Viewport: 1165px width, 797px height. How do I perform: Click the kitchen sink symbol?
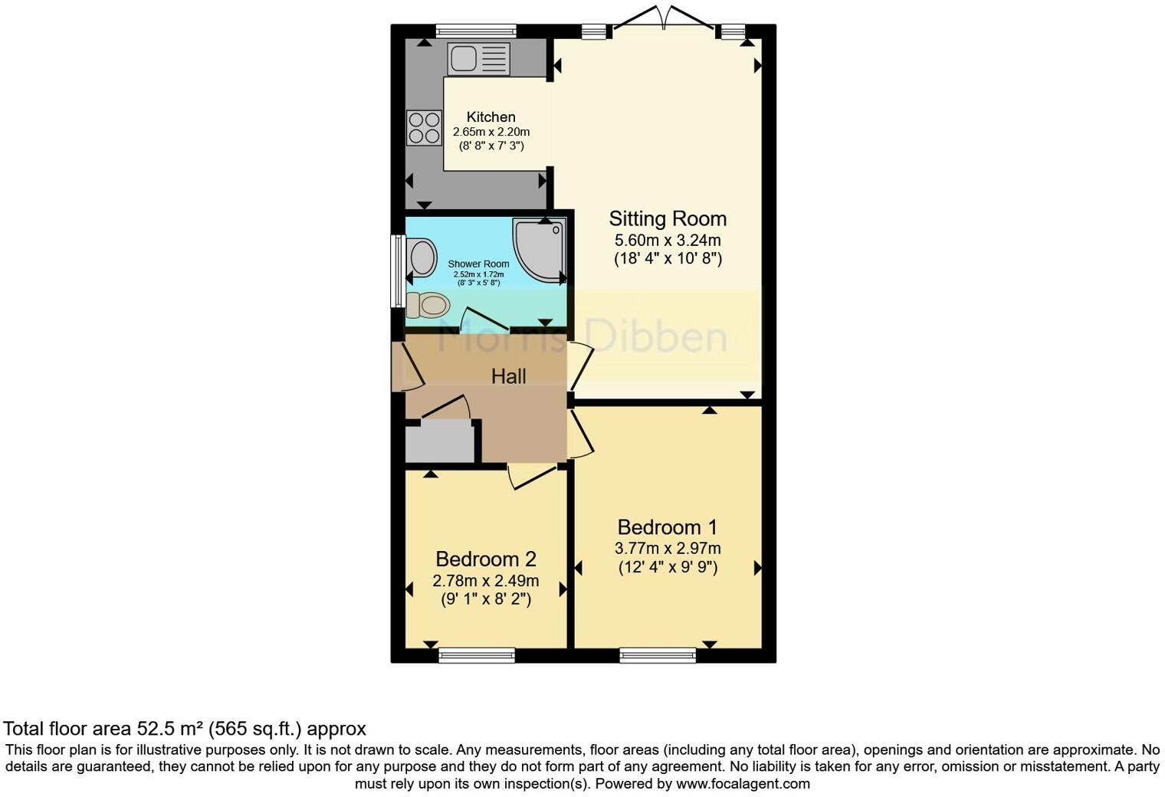(478, 59)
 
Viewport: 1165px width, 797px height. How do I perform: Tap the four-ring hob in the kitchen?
(424, 128)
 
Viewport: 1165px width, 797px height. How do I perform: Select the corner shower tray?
(540, 248)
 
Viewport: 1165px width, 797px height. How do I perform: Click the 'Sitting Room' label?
(668, 219)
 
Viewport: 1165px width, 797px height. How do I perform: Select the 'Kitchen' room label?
(491, 117)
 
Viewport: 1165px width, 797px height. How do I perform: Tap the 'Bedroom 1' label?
(668, 527)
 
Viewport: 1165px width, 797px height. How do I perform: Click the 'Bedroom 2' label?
(486, 559)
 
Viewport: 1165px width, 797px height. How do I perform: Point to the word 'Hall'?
(508, 376)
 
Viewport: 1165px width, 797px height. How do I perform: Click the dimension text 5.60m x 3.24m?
(668, 240)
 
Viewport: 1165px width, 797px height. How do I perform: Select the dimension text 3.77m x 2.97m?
(668, 549)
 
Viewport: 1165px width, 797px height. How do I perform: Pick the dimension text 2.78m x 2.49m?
(486, 581)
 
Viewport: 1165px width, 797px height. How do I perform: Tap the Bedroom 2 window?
(476, 655)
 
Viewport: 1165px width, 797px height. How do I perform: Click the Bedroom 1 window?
(658, 655)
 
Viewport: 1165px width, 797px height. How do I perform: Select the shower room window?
(397, 271)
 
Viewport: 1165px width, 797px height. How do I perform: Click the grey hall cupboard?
(439, 444)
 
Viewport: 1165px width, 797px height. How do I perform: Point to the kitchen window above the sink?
(475, 31)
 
